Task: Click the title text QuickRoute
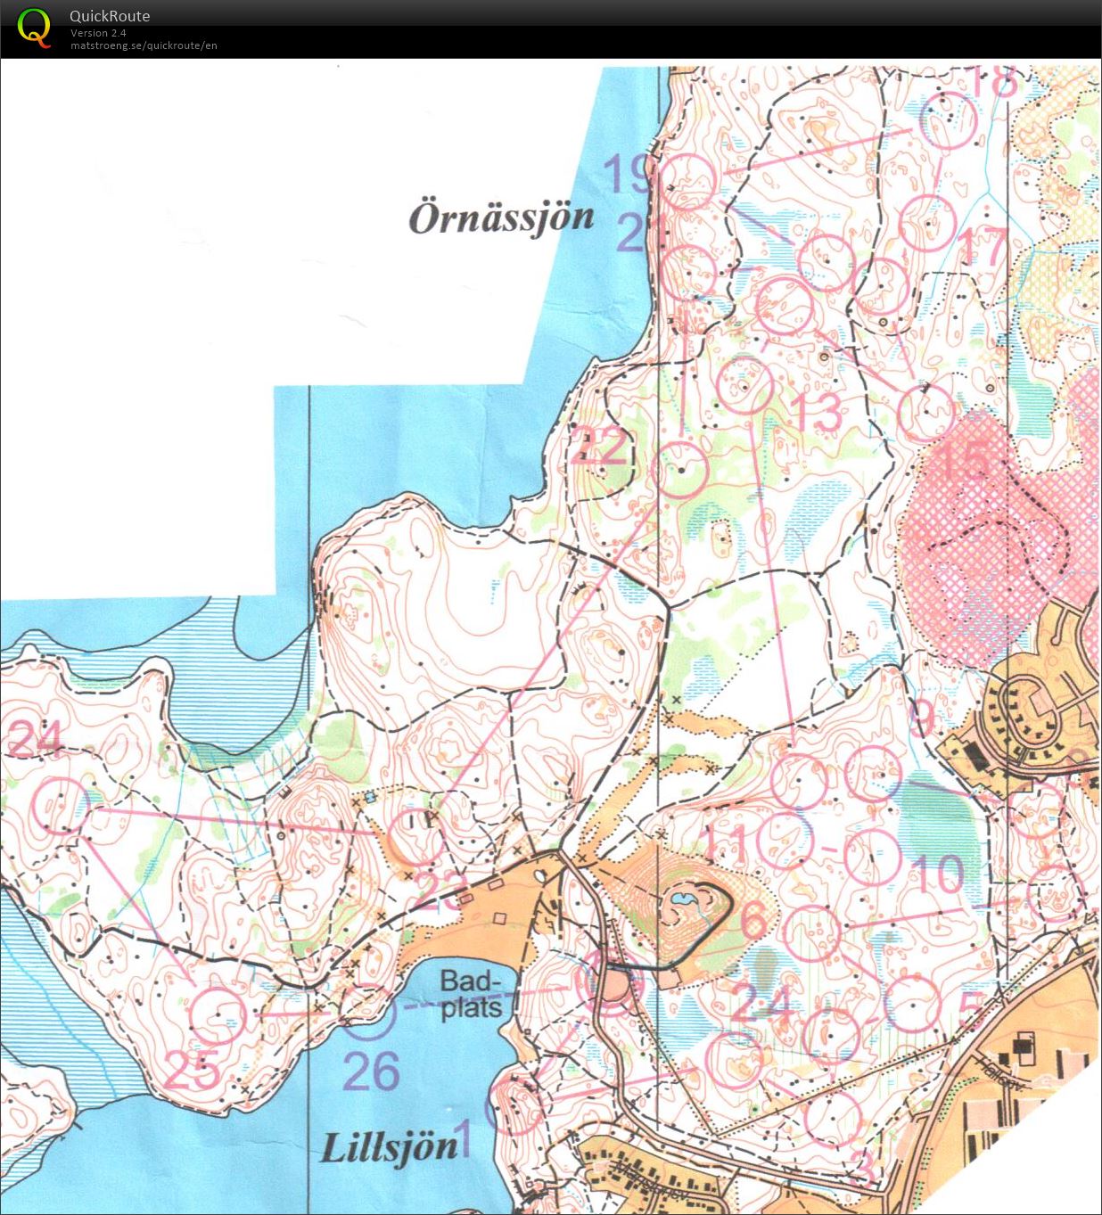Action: pyautogui.click(x=110, y=16)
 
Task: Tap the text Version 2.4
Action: pyautogui.click(x=98, y=33)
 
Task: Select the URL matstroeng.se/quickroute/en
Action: pyautogui.click(x=144, y=45)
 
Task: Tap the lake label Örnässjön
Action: pyautogui.click(x=501, y=218)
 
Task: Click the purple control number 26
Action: pyautogui.click(x=371, y=1071)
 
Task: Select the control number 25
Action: pyautogui.click(x=192, y=1070)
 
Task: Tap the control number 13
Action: pyautogui.click(x=817, y=413)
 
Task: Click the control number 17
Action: pyautogui.click(x=983, y=246)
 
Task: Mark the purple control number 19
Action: pyautogui.click(x=629, y=174)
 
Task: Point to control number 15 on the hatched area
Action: pyautogui.click(x=965, y=459)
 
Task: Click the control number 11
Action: pyautogui.click(x=725, y=842)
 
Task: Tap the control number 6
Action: pyautogui.click(x=753, y=918)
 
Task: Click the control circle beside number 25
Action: pyautogui.click(x=217, y=1014)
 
